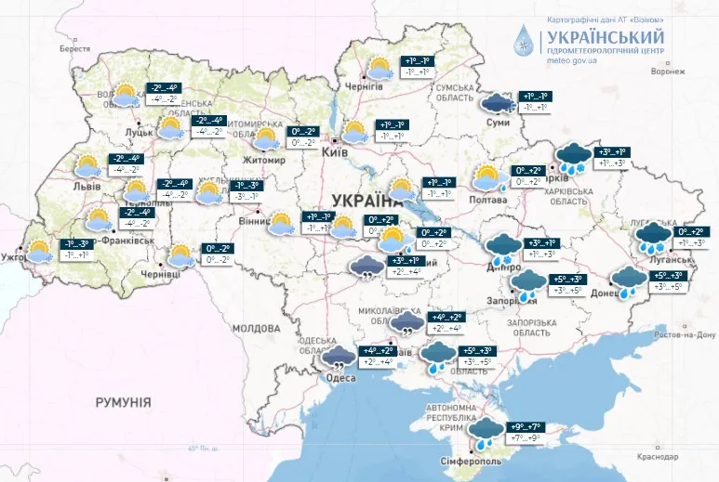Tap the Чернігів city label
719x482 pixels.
(x=364, y=86)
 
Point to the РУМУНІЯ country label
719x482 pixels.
(x=123, y=402)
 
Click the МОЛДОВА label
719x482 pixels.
(x=256, y=329)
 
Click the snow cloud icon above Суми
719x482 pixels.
(x=495, y=102)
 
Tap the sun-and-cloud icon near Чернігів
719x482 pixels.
(x=378, y=68)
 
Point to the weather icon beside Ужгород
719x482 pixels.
(x=39, y=250)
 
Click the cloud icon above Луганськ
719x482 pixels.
(x=654, y=237)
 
